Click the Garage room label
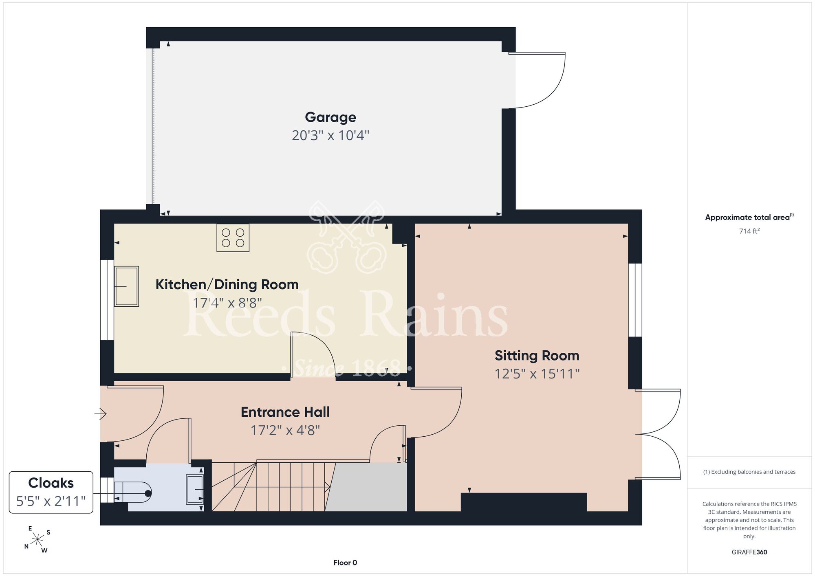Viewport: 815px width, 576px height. click(330, 117)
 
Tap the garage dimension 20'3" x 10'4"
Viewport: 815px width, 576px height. click(330, 135)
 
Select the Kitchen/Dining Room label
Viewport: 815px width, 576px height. click(227, 284)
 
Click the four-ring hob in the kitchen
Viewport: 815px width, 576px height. click(233, 238)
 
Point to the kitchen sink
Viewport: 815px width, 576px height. click(126, 286)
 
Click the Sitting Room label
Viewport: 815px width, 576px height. click(537, 356)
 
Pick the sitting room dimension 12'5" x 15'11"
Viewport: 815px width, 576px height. click(537, 374)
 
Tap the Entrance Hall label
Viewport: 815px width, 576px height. click(285, 412)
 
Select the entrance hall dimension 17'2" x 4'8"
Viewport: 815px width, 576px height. click(285, 430)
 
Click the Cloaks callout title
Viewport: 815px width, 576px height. click(51, 483)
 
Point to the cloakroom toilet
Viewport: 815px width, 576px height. click(133, 493)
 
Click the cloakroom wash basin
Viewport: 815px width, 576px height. click(195, 489)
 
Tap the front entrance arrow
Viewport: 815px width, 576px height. click(101, 414)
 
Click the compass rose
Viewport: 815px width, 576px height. click(37, 540)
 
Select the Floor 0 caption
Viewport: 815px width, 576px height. click(345, 563)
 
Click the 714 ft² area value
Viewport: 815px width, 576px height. click(749, 231)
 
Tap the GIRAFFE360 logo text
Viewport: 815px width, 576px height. click(749, 552)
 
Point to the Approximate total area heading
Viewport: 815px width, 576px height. click(749, 217)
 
